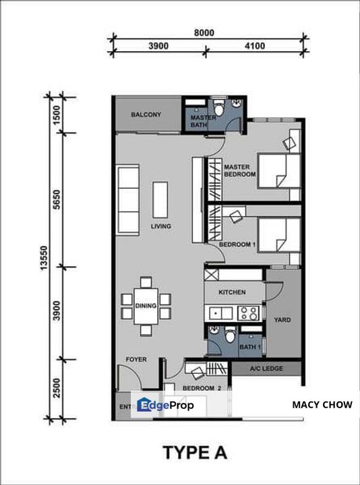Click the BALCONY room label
(x=146, y=115)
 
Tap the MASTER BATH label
(x=203, y=122)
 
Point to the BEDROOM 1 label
(x=237, y=245)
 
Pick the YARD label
(x=282, y=320)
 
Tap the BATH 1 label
(x=250, y=347)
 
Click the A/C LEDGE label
(x=266, y=369)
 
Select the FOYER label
(x=136, y=360)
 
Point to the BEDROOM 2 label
(x=202, y=389)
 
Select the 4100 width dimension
(x=254, y=46)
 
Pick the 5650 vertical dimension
(x=57, y=199)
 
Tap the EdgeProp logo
(x=166, y=405)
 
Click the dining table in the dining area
(x=146, y=306)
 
